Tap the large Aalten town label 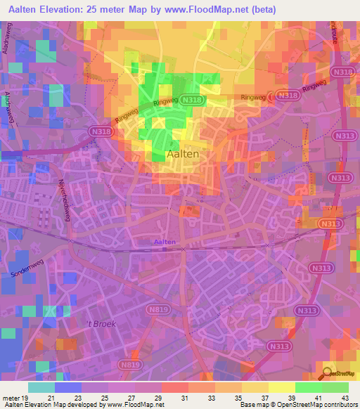click(181, 153)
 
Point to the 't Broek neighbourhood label click(100, 324)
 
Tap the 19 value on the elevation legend click(26, 398)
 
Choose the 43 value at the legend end click(335, 398)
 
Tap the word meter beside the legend click(10, 398)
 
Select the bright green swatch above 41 click(308, 387)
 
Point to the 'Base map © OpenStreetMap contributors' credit click(297, 405)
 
